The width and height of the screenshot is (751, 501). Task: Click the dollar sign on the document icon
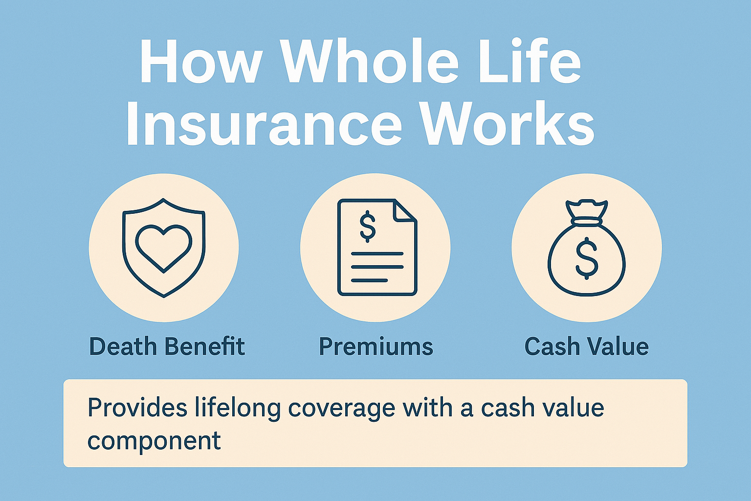tap(367, 226)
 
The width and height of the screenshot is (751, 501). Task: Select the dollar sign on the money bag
tap(586, 258)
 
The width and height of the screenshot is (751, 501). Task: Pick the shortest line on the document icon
tap(369, 280)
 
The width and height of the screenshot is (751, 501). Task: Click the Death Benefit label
tap(167, 346)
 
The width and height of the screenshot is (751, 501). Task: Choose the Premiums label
tap(375, 346)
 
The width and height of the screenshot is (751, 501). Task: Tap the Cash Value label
tap(586, 346)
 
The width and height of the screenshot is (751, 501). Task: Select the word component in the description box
tap(154, 440)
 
